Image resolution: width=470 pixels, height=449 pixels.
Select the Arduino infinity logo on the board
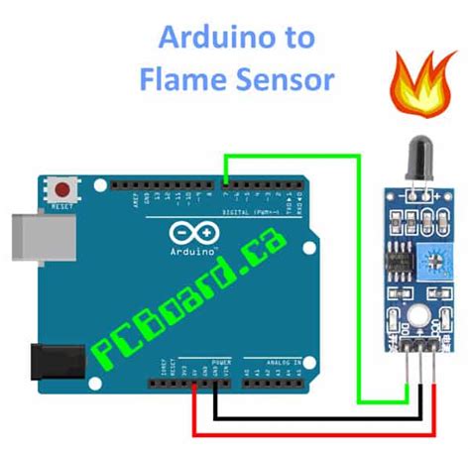pos(193,234)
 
